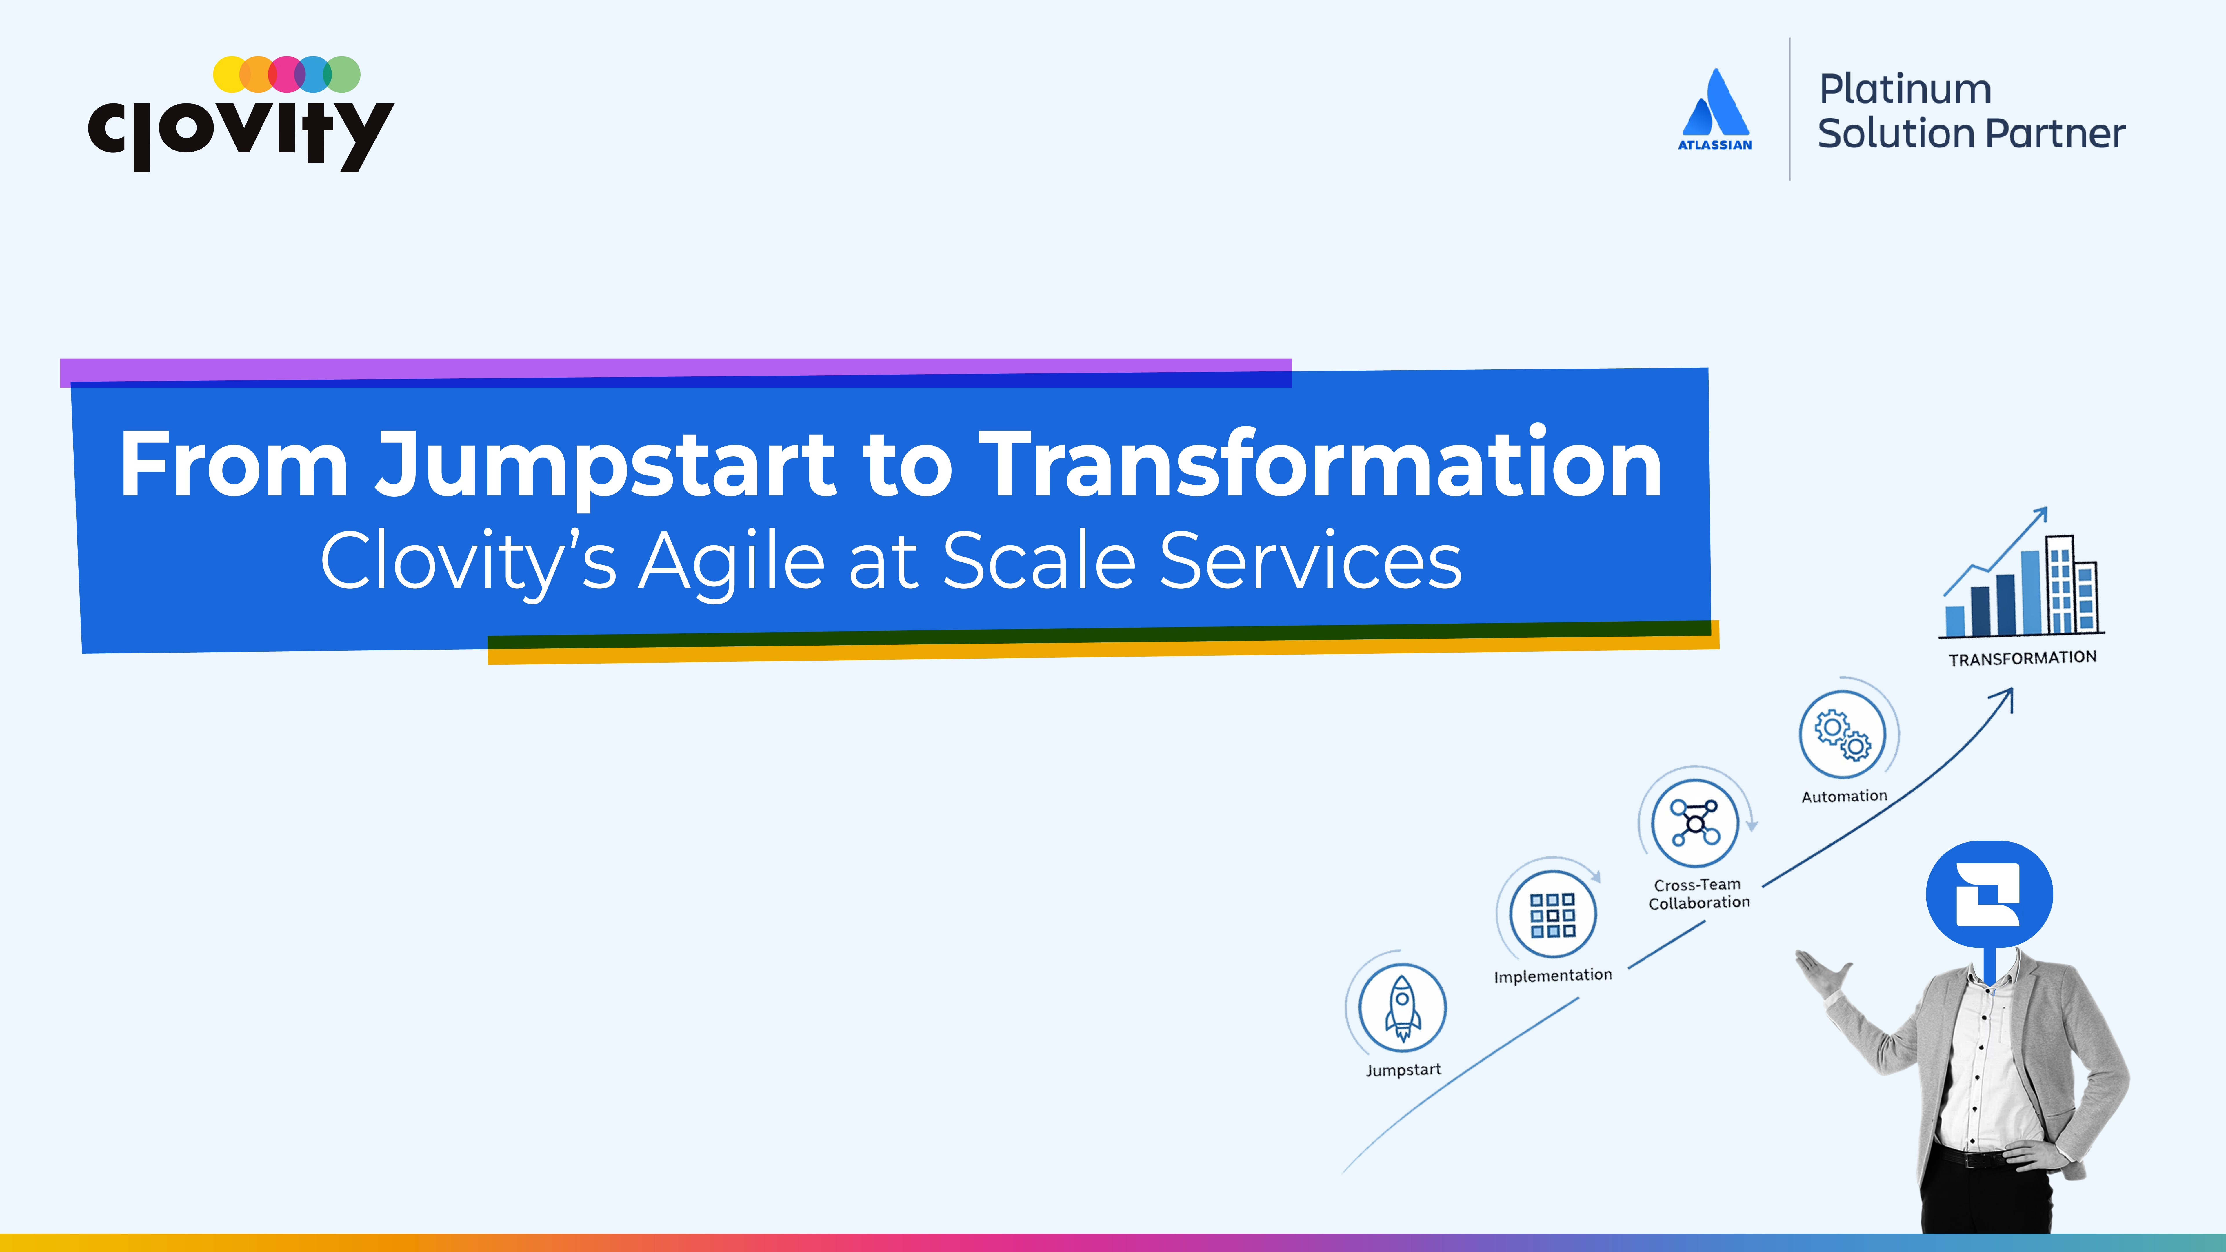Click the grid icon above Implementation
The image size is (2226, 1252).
tap(1553, 914)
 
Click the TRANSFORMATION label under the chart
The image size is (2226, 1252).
tap(2022, 658)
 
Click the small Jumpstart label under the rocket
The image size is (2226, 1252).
tap(1403, 1070)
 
